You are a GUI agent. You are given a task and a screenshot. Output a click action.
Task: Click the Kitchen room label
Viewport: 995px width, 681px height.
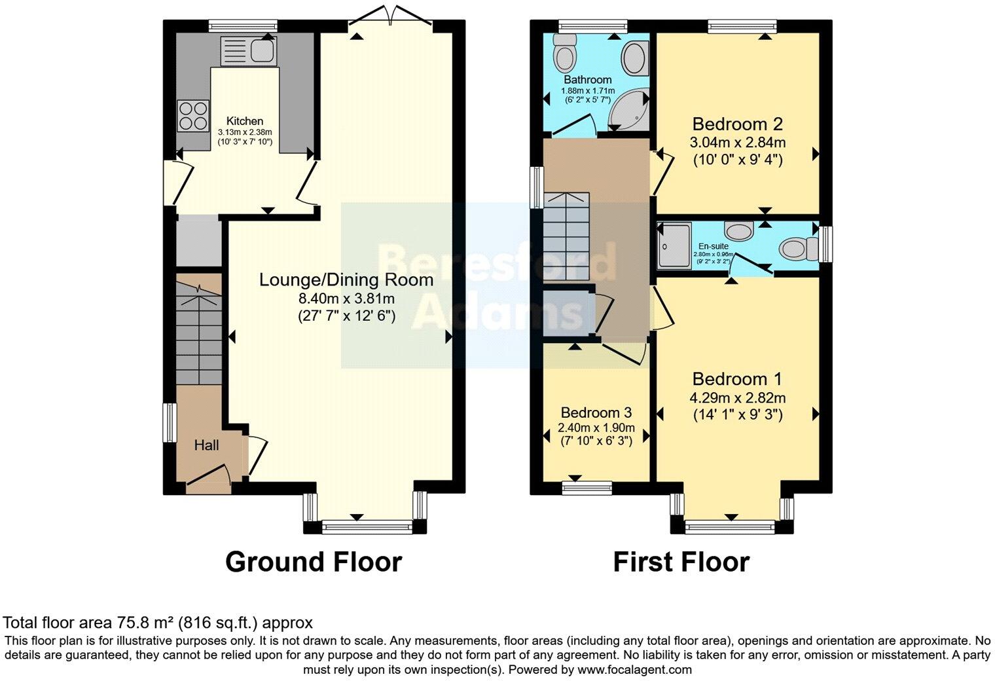[x=245, y=121]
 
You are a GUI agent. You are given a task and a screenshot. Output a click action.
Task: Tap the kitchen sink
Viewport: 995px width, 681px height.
[x=249, y=50]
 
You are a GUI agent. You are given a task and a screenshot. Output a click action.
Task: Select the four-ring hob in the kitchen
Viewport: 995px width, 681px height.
[x=192, y=116]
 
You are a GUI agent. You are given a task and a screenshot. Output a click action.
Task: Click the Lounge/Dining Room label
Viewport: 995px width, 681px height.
[x=346, y=280]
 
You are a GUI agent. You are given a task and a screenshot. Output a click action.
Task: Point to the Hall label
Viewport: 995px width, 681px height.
[x=206, y=445]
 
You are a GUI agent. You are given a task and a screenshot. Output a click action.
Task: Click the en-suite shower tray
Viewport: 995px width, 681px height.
[x=674, y=245]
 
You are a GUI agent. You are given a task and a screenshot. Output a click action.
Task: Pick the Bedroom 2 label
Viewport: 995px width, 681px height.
[x=738, y=124]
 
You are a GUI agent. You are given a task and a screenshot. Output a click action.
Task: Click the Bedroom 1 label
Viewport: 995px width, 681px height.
[x=738, y=378]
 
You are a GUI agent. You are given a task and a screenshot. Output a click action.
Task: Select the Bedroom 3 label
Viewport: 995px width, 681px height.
[x=596, y=413]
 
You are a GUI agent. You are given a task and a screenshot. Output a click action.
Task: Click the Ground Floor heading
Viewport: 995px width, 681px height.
[x=313, y=562]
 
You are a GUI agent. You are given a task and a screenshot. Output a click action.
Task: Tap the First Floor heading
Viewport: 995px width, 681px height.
[x=681, y=562]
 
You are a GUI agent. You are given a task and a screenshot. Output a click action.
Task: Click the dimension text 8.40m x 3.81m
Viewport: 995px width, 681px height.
[x=346, y=299]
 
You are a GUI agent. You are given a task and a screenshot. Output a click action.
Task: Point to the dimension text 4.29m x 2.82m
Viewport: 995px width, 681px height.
[x=738, y=397]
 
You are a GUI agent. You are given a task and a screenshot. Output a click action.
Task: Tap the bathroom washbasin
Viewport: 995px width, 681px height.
[x=634, y=58]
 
